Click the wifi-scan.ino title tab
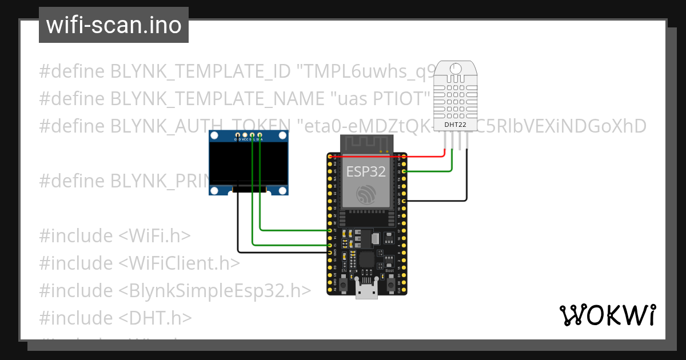point(113,25)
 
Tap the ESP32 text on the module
point(366,171)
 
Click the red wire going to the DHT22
point(400,156)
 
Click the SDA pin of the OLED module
point(260,139)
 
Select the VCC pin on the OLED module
point(245,139)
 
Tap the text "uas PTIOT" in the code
point(380,98)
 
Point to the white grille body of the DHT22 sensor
point(456,94)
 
